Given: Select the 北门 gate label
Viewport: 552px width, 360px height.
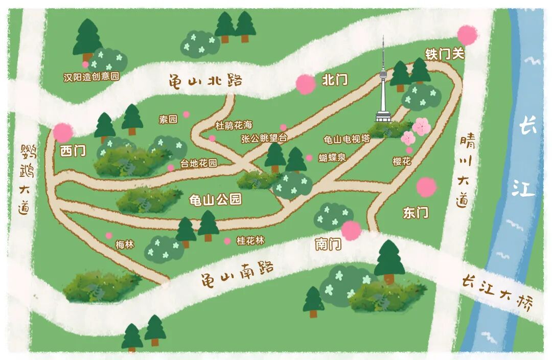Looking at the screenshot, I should [335, 80].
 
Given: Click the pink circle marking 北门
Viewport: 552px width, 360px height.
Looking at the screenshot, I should [306, 84].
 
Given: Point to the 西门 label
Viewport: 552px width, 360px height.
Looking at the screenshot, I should [73, 151].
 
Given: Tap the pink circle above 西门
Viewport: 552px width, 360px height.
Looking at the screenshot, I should [63, 132].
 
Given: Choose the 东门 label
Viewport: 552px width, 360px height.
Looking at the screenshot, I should [416, 213].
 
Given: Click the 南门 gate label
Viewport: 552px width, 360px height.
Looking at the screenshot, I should [328, 244].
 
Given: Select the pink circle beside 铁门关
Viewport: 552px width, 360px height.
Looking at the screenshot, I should [467, 35].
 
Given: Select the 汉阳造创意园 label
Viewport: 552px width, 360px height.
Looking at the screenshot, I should [91, 77].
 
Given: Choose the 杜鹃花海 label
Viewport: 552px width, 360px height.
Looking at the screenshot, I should [234, 125].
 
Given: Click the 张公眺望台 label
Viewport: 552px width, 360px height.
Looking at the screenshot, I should [264, 138].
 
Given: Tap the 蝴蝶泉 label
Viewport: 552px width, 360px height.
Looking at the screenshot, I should [332, 157].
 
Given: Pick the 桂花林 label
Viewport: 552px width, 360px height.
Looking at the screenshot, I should [250, 240].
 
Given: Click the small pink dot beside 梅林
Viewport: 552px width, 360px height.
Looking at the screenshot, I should [109, 235].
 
